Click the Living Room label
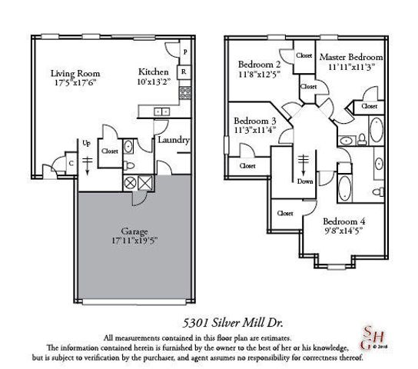75,74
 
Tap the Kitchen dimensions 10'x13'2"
154,82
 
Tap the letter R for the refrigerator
184,72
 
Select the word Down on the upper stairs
304,182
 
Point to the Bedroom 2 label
259,64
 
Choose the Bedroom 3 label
254,121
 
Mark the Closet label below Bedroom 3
247,165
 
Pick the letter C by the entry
70,162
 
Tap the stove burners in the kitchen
184,94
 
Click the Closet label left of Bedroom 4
285,213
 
